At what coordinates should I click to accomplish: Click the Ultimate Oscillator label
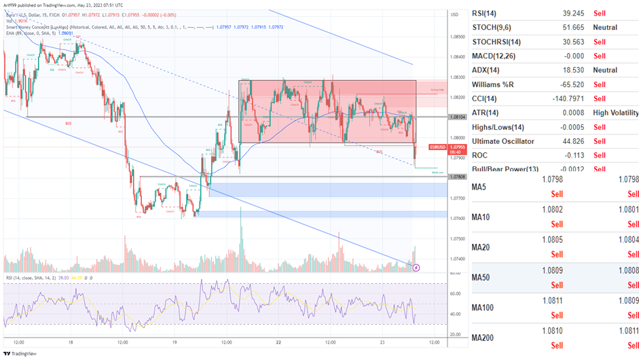pyautogui.click(x=503, y=141)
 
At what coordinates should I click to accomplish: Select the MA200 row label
pyautogui.click(x=485, y=338)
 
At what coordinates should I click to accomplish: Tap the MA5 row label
pyautogui.click(x=481, y=187)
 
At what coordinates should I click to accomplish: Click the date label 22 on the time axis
pyautogui.click(x=279, y=342)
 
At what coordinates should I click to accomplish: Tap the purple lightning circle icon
pyautogui.click(x=416, y=268)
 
